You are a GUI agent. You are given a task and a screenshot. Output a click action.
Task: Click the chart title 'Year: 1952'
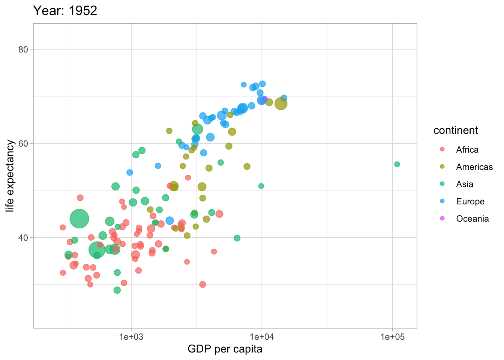pyautogui.click(x=65, y=10)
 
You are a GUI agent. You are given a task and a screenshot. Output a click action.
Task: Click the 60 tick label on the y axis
pyautogui.click(x=24, y=144)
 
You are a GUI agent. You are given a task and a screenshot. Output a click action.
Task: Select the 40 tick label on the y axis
pyautogui.click(x=24, y=238)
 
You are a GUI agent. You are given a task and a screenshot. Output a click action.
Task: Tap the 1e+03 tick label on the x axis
pyautogui.click(x=131, y=337)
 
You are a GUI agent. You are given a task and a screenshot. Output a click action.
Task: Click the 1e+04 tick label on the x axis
pyautogui.click(x=262, y=337)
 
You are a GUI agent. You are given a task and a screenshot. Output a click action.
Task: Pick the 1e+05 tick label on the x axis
pyautogui.click(x=392, y=337)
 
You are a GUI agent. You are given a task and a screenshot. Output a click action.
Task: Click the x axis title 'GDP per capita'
pyautogui.click(x=225, y=349)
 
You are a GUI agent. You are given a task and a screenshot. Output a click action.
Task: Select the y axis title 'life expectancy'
pyautogui.click(x=10, y=176)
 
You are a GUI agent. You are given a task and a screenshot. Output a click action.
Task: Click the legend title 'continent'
pyautogui.click(x=456, y=130)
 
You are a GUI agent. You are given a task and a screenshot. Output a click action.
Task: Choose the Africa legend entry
pyautogui.click(x=467, y=150)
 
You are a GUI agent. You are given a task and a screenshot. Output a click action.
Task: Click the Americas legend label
pyautogui.click(x=474, y=167)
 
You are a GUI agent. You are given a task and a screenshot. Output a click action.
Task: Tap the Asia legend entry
pyautogui.click(x=465, y=184)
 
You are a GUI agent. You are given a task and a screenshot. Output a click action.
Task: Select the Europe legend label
pyautogui.click(x=470, y=201)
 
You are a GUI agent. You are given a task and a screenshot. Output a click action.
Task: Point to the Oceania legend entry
pyautogui.click(x=472, y=219)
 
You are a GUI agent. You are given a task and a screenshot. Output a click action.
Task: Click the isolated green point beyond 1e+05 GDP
pyautogui.click(x=397, y=164)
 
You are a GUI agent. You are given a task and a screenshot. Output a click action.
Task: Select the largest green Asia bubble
pyautogui.click(x=79, y=219)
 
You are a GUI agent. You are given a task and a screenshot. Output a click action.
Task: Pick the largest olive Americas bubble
pyautogui.click(x=281, y=104)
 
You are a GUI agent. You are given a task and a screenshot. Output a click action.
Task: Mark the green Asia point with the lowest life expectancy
pyautogui.click(x=117, y=290)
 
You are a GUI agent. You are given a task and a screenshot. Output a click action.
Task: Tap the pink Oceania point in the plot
pyautogui.click(x=265, y=99)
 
